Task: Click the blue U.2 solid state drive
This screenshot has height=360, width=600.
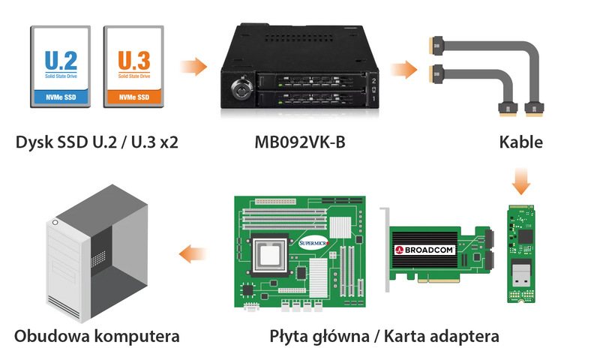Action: [x=61, y=67]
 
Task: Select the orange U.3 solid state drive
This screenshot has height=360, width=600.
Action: [x=133, y=67]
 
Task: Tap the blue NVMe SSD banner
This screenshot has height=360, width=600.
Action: [x=61, y=97]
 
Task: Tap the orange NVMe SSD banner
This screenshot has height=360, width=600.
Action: [x=134, y=97]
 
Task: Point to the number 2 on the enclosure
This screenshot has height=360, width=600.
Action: [x=373, y=81]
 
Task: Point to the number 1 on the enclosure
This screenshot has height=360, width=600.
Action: [x=373, y=99]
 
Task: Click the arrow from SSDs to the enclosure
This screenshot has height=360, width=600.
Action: [x=193, y=67]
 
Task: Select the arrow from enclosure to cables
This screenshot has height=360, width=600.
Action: [x=403, y=70]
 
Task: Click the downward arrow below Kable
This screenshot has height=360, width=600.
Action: [x=521, y=181]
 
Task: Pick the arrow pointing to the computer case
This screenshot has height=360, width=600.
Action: [x=193, y=254]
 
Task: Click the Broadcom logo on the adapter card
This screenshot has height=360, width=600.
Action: [x=425, y=250]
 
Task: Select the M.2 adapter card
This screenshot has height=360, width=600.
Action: [x=520, y=253]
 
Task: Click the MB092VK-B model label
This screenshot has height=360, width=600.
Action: [x=300, y=142]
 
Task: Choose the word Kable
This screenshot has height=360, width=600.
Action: [x=520, y=142]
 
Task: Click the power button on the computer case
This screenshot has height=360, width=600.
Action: [x=55, y=223]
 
